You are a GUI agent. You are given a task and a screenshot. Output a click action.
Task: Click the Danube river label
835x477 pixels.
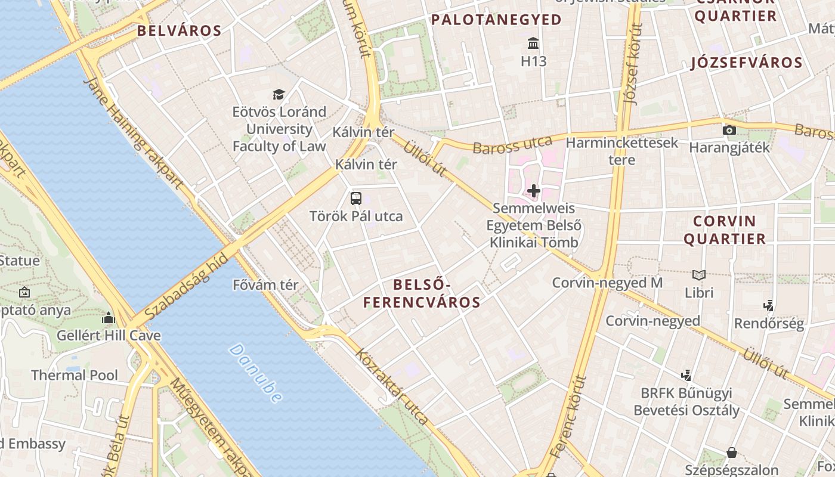[255, 373]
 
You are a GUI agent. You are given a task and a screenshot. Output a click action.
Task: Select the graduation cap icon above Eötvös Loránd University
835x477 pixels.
[279, 94]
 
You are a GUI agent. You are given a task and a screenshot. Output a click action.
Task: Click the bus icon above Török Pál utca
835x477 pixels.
[356, 199]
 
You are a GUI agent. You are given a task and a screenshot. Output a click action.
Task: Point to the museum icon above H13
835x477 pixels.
[533, 44]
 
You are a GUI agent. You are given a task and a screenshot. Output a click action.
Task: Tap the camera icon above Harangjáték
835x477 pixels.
[729, 130]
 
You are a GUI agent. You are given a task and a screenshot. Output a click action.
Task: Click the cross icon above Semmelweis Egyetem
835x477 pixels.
[534, 191]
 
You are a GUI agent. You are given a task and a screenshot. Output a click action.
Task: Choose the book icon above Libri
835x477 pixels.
[699, 275]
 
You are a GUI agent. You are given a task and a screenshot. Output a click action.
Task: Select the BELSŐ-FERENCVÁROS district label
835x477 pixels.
[422, 293]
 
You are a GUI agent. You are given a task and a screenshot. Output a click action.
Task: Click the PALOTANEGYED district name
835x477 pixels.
[496, 20]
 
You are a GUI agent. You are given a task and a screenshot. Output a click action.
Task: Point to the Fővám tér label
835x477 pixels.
[265, 285]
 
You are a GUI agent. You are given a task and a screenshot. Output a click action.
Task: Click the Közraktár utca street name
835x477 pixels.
[392, 386]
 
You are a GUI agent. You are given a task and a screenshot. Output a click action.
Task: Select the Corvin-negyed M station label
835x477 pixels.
[607, 283]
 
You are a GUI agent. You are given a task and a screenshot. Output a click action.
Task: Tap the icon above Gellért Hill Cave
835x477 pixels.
[109, 318]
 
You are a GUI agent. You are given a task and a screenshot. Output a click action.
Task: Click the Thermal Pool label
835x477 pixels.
[75, 375]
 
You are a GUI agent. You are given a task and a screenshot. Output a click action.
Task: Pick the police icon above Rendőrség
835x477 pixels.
[769, 306]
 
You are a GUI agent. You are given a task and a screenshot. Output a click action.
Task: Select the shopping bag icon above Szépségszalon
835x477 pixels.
[731, 453]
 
